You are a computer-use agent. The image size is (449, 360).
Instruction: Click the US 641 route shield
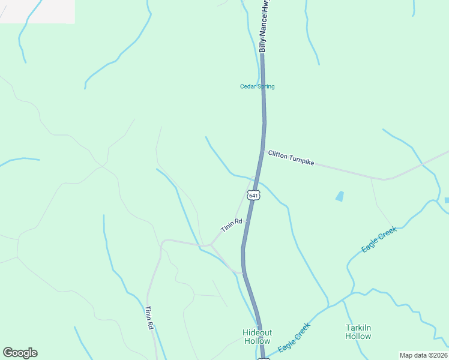[x=253, y=196]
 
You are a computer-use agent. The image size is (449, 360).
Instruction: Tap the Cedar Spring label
[x=258, y=86]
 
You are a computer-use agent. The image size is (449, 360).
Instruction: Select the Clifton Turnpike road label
[x=291, y=158]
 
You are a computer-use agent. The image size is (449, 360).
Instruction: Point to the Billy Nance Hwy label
[x=263, y=27]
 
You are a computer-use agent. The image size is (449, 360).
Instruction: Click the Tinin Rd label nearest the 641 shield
[x=231, y=226]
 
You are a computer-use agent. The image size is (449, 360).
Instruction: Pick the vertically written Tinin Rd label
[x=149, y=318]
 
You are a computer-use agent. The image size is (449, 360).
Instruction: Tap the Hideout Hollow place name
[x=258, y=337]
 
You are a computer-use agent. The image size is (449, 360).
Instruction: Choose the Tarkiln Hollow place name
[x=358, y=332]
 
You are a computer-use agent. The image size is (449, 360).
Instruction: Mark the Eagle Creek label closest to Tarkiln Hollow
[x=379, y=239]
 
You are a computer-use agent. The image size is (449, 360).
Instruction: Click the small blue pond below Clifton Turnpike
[x=340, y=196]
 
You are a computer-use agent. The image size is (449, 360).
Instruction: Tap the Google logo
[x=20, y=353]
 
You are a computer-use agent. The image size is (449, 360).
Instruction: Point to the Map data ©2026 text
[x=424, y=355]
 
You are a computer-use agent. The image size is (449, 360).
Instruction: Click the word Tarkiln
[x=358, y=328]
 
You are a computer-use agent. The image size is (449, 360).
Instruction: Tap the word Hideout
[x=258, y=332]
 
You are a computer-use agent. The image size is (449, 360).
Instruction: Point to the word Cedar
[x=248, y=86]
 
